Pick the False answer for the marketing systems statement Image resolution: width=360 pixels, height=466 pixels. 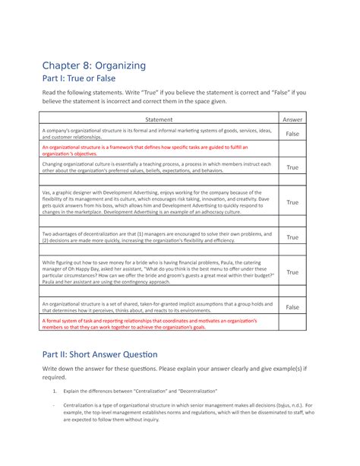(292, 133)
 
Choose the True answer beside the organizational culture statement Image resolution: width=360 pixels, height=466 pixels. (292, 166)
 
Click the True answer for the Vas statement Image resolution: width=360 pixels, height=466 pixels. (292, 202)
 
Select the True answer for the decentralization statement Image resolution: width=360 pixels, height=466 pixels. (292, 237)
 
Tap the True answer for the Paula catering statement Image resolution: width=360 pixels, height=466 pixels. (292, 271)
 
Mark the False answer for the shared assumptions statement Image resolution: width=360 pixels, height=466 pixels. (292, 307)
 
